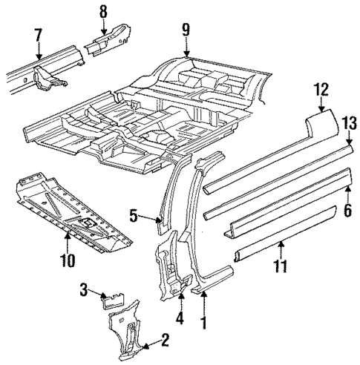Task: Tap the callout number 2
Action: tap(165, 341)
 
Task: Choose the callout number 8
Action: tap(103, 11)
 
